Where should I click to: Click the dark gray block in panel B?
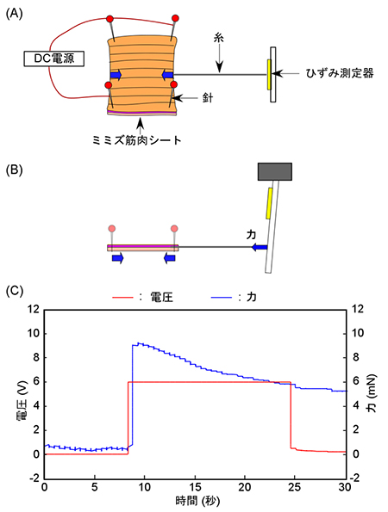point(275,171)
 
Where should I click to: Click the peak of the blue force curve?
point(133,343)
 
